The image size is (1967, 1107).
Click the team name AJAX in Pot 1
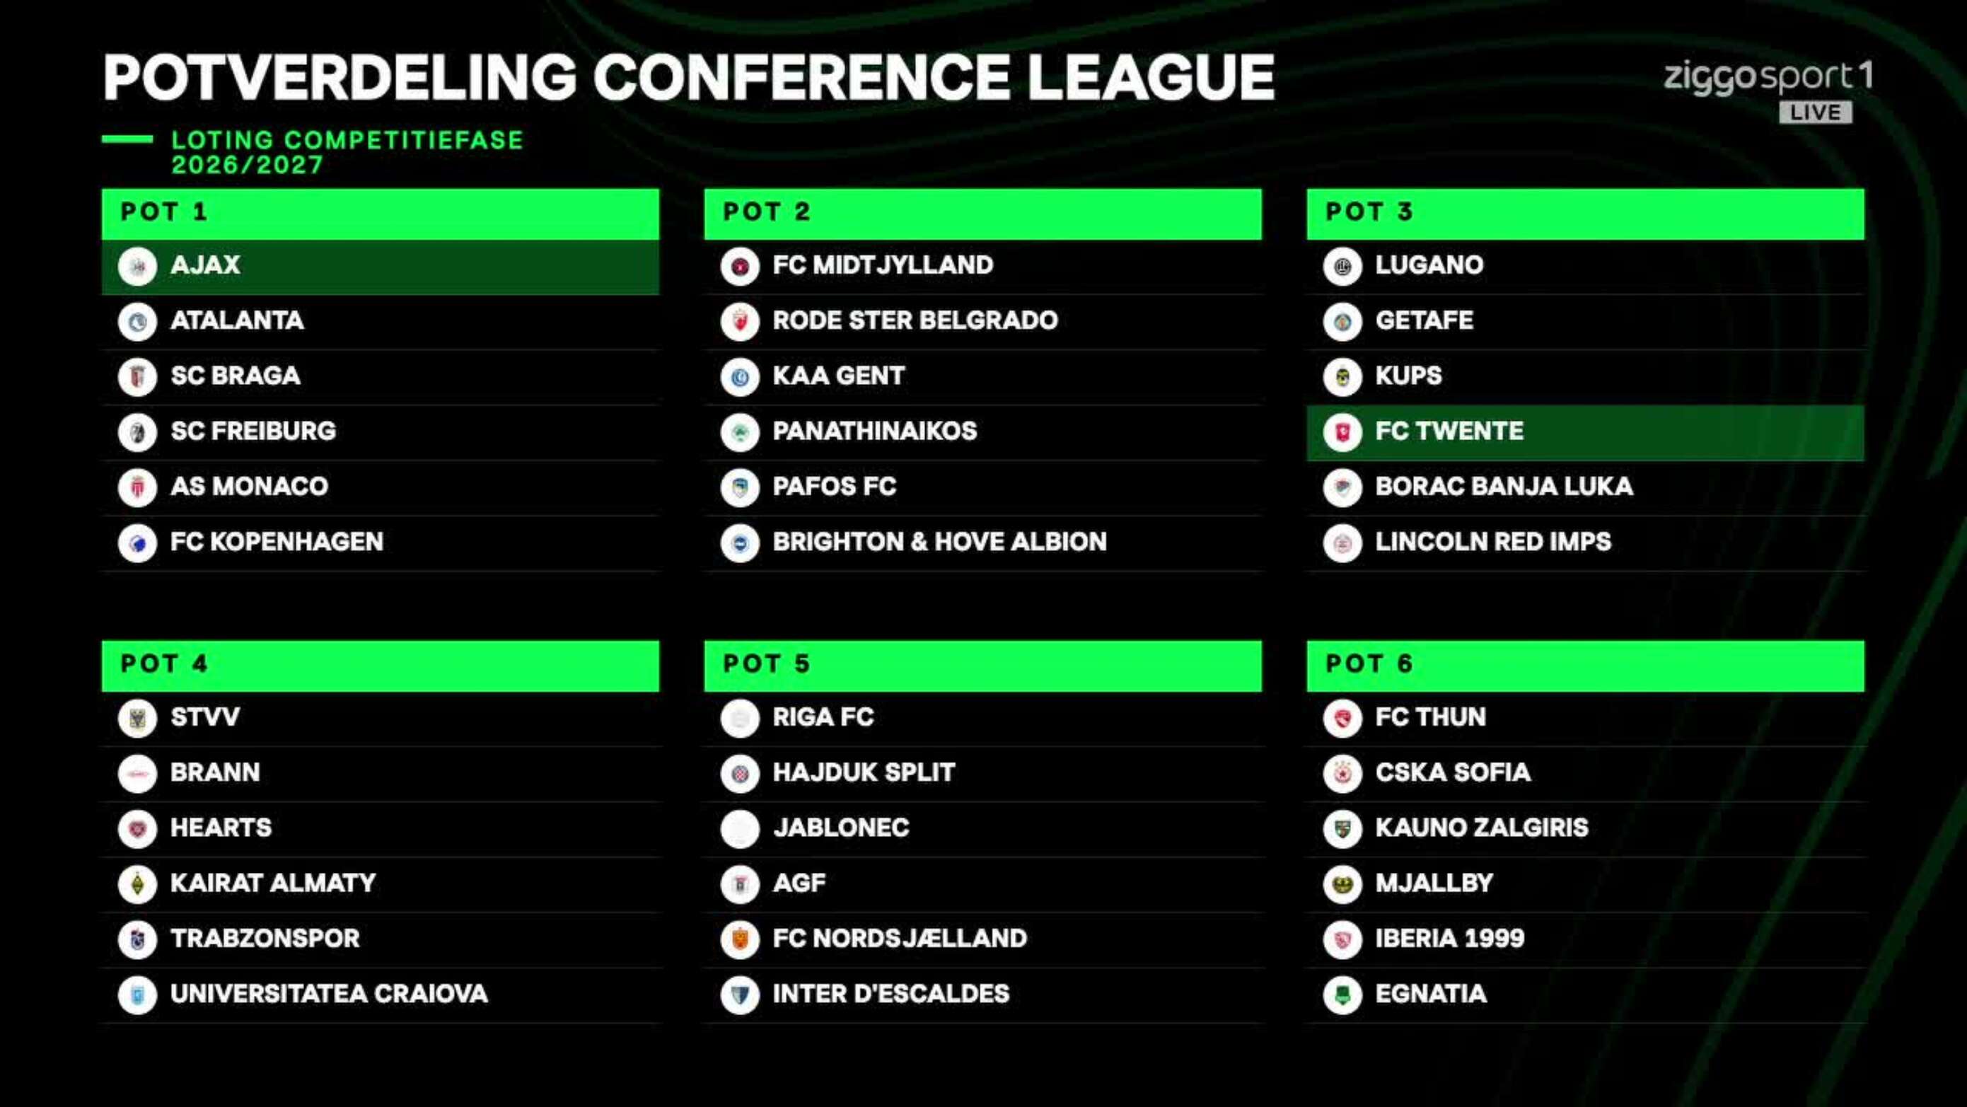[x=205, y=265]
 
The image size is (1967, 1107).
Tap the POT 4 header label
[x=164, y=664]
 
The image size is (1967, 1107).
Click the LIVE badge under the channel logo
[x=1815, y=112]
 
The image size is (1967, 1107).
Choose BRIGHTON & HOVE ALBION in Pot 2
[x=939, y=542]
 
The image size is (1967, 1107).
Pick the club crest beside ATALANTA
[x=137, y=321]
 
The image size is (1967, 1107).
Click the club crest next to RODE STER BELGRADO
[x=739, y=321]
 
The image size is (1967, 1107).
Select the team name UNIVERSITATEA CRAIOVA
[x=329, y=994]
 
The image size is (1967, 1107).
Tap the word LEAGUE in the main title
[x=1150, y=77]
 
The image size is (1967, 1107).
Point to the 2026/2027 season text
[x=248, y=165]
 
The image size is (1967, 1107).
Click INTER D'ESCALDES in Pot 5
[x=891, y=994]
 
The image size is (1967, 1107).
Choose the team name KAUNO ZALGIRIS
[x=1481, y=828]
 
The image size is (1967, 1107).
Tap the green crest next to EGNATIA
[x=1342, y=995]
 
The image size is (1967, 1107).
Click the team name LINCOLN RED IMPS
[x=1493, y=542]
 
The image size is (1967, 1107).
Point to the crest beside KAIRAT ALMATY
[x=137, y=884]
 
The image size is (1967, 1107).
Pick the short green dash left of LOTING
[x=127, y=139]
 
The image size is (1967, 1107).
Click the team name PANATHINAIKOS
[x=874, y=431]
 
